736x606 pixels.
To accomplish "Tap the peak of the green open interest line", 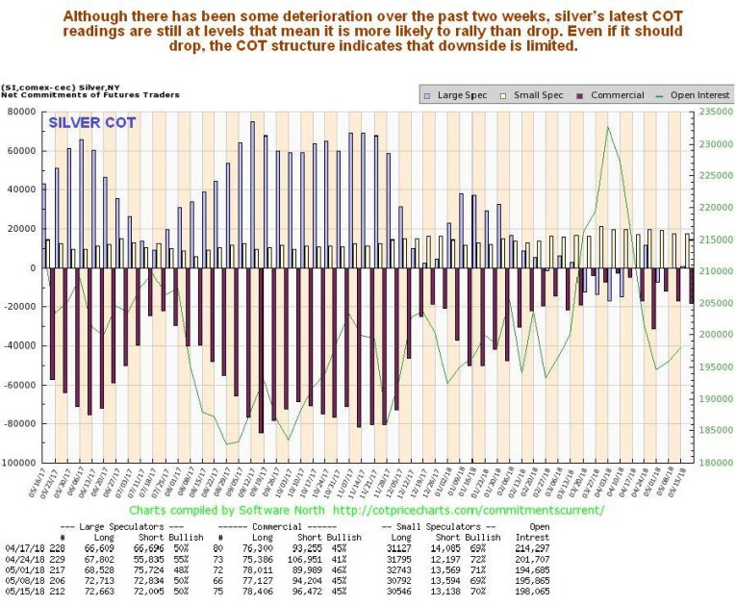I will [x=608, y=127].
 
